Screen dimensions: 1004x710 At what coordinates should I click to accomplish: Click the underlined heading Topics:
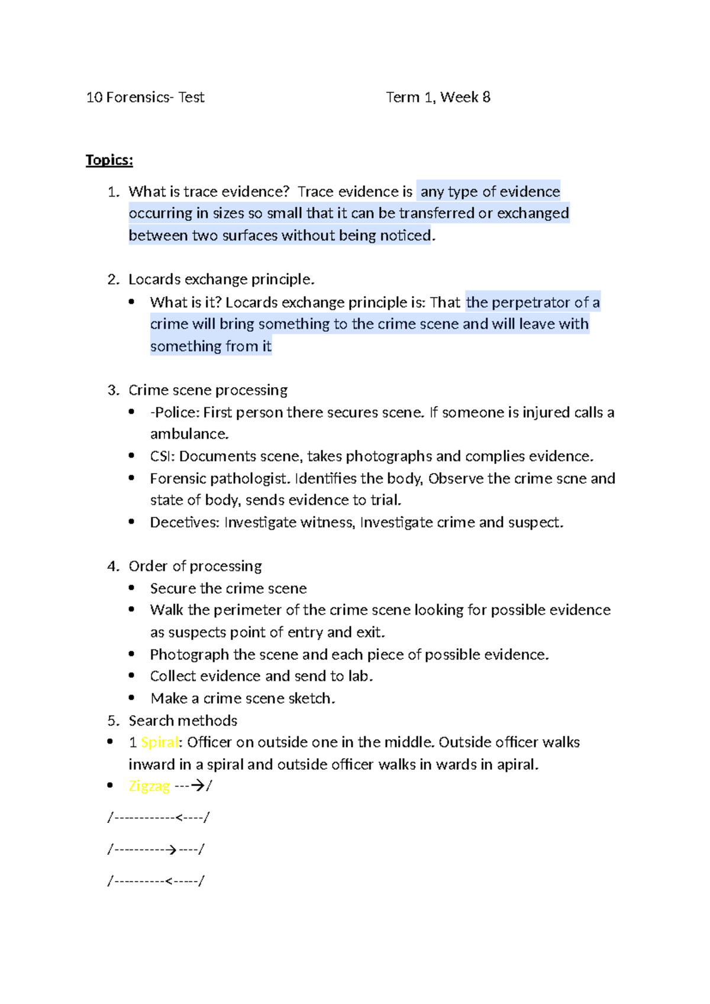tap(109, 160)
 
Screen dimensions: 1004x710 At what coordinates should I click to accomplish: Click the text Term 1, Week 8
tap(438, 97)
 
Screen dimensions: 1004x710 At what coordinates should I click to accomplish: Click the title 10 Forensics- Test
tap(145, 97)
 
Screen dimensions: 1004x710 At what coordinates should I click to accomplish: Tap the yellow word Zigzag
tap(149, 786)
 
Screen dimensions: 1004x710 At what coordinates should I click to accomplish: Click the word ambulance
tap(189, 434)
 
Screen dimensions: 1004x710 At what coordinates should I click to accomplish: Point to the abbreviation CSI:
tap(163, 456)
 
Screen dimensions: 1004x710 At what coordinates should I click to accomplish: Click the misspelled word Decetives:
tap(185, 523)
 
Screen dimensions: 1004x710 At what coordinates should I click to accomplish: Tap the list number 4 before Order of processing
tap(112, 567)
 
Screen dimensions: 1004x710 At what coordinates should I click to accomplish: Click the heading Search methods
tap(183, 720)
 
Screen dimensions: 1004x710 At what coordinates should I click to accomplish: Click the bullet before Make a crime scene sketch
tap(132, 698)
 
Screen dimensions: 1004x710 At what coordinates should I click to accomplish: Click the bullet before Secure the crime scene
tap(132, 588)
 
